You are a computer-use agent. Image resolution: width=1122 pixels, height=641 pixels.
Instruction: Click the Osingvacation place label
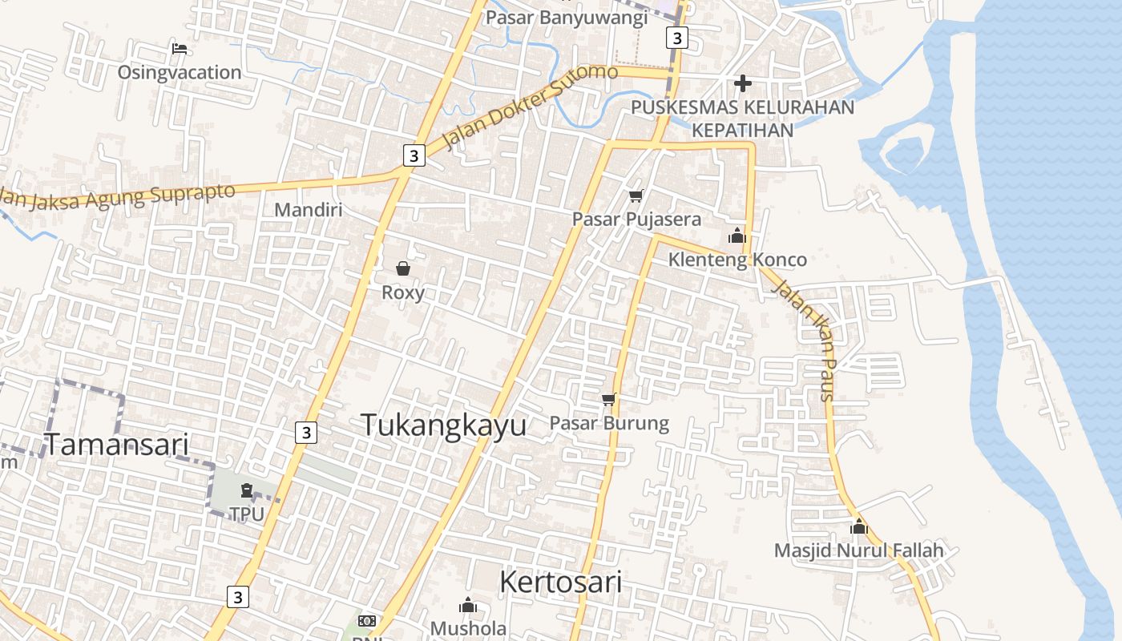pos(179,72)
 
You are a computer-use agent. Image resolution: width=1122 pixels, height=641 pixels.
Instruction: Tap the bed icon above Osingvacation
pos(180,49)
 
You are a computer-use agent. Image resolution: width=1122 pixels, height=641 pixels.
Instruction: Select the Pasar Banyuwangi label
pos(565,17)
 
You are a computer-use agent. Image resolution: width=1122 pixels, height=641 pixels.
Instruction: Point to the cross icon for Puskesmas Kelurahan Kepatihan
pos(743,83)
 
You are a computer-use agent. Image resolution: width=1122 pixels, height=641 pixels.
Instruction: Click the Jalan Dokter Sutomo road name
pos(530,107)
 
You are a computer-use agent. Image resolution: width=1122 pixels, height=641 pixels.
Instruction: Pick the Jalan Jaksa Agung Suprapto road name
pos(120,197)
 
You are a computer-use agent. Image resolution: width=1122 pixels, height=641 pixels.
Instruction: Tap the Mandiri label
pos(308,210)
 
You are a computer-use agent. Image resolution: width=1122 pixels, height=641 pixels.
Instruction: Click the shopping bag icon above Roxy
pos(403,268)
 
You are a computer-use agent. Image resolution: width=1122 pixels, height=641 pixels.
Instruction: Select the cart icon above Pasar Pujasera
pos(636,196)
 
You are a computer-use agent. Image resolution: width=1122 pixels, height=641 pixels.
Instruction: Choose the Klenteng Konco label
pos(737,260)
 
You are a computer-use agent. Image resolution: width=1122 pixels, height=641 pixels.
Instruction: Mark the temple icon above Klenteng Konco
pos(737,236)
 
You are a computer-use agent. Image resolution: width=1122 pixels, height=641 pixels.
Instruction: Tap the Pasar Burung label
pos(609,423)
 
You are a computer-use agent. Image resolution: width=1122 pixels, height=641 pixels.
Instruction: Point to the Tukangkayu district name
pos(443,425)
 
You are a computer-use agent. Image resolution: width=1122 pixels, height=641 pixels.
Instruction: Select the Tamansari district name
pos(116,444)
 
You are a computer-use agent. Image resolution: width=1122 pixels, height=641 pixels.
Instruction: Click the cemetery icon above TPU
pos(247,490)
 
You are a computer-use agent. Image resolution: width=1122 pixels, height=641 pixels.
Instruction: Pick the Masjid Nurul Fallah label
pos(858,550)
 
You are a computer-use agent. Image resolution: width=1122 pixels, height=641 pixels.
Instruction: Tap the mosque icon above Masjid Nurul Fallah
pos(859,526)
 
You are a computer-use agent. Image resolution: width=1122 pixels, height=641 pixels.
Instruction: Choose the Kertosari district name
pos(560,582)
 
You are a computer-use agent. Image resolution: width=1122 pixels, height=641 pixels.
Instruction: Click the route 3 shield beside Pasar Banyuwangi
pos(677,38)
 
